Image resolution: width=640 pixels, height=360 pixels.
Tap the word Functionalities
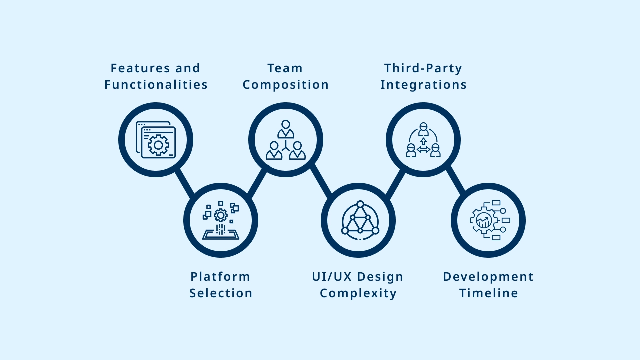pos(156,85)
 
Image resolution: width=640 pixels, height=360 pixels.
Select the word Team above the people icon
pos(285,68)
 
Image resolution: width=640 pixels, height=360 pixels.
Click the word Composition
pos(286,85)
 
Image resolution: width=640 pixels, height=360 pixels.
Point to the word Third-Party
pos(423,68)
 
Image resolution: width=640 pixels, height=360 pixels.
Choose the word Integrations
pos(424,85)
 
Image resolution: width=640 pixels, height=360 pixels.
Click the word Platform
pos(220,276)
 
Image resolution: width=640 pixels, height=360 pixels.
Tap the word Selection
pos(221,293)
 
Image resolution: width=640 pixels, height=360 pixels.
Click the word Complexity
pos(358,293)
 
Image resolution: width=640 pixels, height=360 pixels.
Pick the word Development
pos(488,276)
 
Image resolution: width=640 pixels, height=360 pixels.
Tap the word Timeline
pos(489,293)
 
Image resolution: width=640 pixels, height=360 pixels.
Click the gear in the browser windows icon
pos(158,145)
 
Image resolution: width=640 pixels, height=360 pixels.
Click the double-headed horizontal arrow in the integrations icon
pos(423,149)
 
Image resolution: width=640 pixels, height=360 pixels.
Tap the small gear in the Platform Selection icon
pos(221,215)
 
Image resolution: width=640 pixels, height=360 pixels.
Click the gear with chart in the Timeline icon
pos(484,220)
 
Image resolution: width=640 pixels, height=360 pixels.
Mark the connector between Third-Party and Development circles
pos(455,180)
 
